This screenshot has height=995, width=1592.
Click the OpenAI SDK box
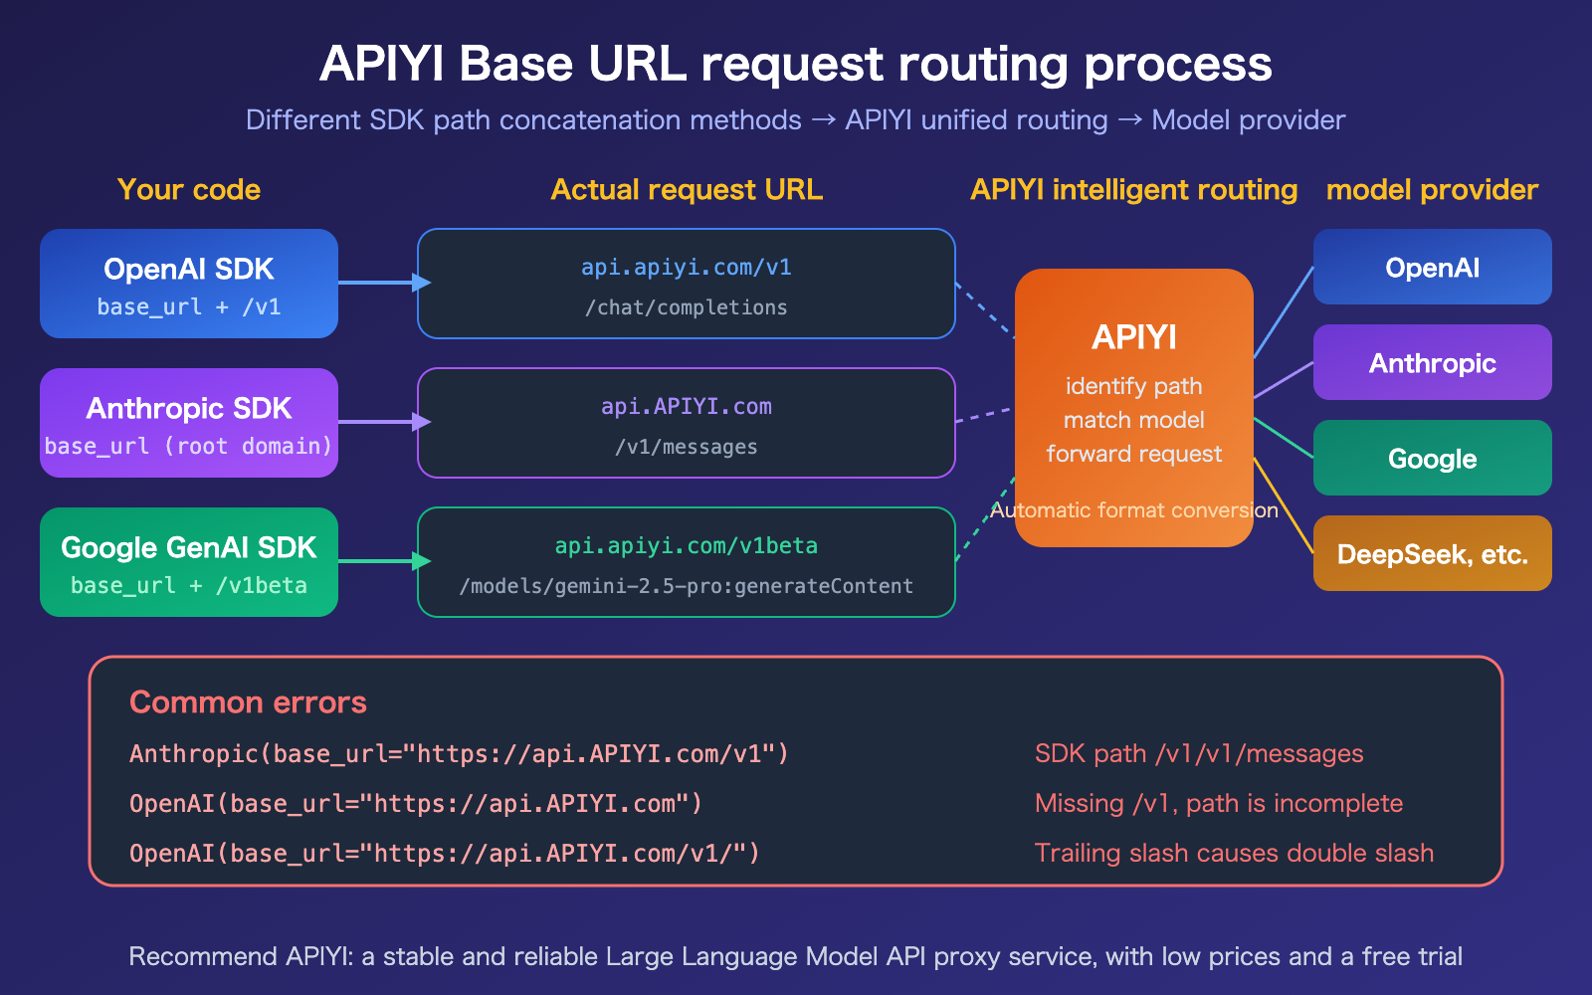point(189,284)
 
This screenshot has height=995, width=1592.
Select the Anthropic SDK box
point(189,423)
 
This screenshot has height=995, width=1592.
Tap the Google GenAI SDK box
point(189,562)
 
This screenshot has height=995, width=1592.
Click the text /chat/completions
point(687,307)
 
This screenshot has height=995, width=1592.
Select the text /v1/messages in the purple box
point(687,447)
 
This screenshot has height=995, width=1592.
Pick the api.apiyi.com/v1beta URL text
point(687,545)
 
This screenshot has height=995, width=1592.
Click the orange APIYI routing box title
point(1134,337)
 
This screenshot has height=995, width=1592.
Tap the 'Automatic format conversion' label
point(1134,510)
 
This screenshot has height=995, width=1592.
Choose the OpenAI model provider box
point(1433,267)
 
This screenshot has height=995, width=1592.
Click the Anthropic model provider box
point(1433,362)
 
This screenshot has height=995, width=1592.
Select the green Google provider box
point(1433,458)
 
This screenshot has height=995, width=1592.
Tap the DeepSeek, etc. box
point(1433,553)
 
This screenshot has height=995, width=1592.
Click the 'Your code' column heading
point(189,189)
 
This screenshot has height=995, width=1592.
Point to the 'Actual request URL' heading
point(687,189)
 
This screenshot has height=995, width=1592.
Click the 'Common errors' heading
point(248,702)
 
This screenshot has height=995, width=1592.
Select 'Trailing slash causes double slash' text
point(1234,853)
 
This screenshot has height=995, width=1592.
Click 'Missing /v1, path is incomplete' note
point(1219,803)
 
